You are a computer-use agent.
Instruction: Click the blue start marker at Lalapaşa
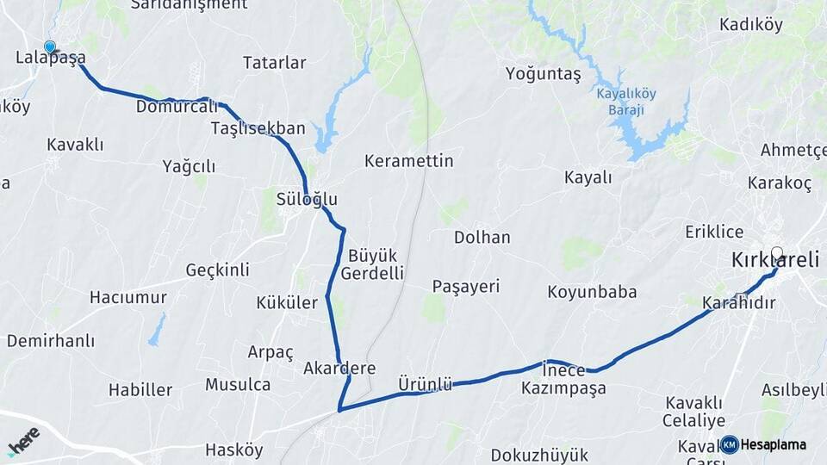point(50,47)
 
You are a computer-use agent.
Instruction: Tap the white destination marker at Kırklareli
point(777,253)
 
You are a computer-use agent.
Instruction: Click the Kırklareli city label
point(774,260)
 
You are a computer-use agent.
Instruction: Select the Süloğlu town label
point(307,199)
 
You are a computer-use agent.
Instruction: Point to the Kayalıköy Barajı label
point(625,102)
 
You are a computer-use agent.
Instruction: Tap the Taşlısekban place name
point(258,128)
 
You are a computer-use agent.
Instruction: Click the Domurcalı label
point(177,107)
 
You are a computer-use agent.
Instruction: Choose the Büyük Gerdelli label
point(372,264)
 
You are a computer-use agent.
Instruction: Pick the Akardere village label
point(339,369)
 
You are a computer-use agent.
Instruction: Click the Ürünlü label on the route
point(425,384)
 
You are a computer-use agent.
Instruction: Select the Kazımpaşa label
point(563,388)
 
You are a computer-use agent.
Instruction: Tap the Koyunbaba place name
point(592,292)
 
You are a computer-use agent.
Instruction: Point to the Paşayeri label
point(466,287)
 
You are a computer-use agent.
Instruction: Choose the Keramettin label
point(408,161)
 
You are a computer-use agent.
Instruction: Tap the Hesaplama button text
point(774,444)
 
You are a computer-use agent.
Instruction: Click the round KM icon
point(729,444)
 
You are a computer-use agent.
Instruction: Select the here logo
point(23,440)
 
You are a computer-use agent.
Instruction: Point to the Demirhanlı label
point(51,341)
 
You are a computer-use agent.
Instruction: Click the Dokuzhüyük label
point(539,455)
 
